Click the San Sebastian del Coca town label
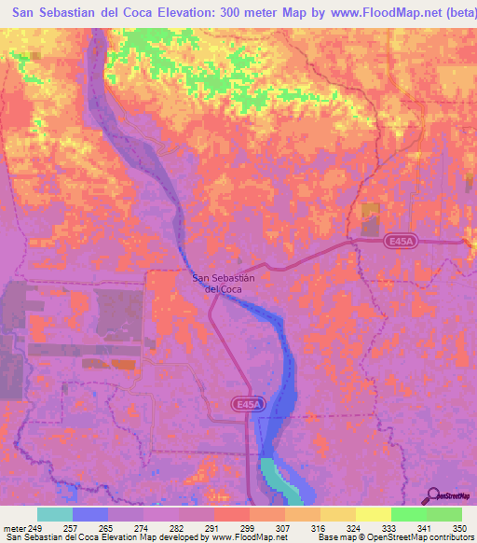click(223, 283)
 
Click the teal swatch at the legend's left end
click(55, 514)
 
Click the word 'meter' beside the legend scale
click(13, 529)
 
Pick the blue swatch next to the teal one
click(90, 514)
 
